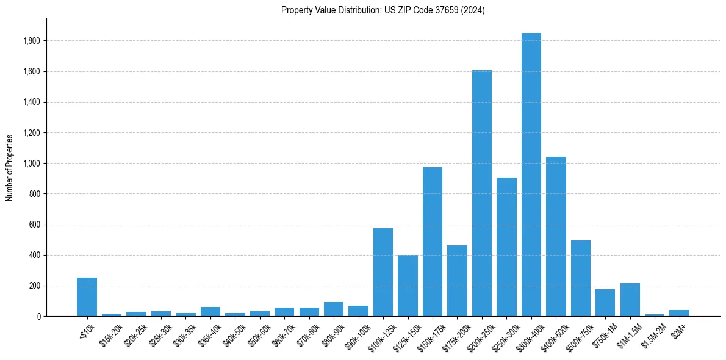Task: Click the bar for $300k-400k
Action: point(531,175)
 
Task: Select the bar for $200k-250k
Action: point(481,193)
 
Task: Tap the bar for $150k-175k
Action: point(432,242)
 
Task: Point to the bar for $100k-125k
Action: point(383,272)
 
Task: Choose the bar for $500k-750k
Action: point(580,278)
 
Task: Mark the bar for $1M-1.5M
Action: point(630,300)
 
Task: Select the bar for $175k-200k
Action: point(457,281)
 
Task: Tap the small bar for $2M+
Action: point(679,313)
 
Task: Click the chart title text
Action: point(383,10)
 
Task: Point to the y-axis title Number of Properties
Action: point(10,168)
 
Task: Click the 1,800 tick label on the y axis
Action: point(32,41)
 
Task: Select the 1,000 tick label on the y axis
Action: point(32,164)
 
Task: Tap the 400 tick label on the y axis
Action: point(35,255)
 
